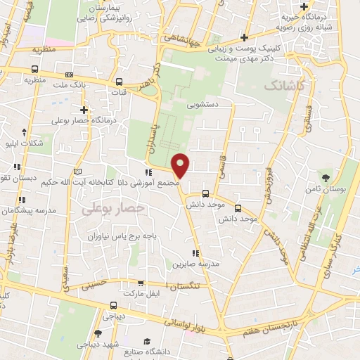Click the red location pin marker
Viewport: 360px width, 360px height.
(x=181, y=166)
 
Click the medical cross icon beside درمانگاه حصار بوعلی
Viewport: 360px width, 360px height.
(x=84, y=110)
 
